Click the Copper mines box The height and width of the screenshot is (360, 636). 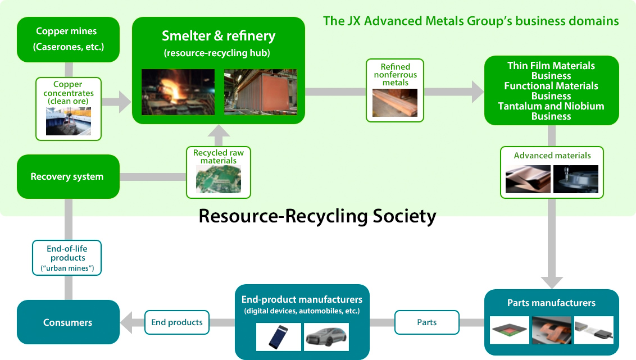click(x=68, y=39)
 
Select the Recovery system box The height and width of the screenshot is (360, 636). click(x=68, y=176)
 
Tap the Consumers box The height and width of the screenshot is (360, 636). click(x=68, y=322)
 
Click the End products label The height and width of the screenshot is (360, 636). click(x=177, y=322)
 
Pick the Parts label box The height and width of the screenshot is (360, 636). click(x=426, y=322)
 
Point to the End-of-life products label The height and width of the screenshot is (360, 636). click(x=67, y=258)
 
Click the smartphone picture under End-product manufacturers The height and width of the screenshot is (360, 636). click(x=279, y=337)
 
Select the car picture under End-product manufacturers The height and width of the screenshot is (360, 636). click(x=326, y=337)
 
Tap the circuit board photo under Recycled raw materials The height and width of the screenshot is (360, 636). click(x=218, y=180)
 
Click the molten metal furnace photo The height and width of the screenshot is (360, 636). click(x=178, y=92)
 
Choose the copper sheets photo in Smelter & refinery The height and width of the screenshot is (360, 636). click(x=260, y=92)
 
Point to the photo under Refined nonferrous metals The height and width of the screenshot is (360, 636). click(x=394, y=103)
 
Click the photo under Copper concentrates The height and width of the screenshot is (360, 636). click(x=69, y=121)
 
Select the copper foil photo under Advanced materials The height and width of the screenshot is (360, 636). click(x=528, y=179)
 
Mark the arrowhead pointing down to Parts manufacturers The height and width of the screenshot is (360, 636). click(x=552, y=282)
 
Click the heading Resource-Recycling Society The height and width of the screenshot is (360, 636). click(x=317, y=216)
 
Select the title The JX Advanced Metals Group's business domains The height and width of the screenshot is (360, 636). click(x=471, y=21)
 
